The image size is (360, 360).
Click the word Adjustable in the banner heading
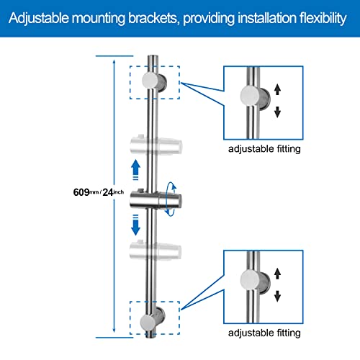pos(39,19)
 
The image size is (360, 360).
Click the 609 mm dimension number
pos(81,192)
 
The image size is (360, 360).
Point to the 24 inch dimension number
pos(108,192)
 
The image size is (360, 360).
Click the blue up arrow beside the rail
pos(136,169)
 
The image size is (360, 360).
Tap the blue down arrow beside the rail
pos(135,225)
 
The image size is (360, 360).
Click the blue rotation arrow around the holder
pos(171,199)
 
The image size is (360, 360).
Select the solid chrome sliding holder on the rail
pos(156,199)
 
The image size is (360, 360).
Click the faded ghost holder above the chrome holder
pos(156,145)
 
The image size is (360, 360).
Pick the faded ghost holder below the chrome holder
pos(155,251)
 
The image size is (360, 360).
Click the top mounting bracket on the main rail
pos(154,81)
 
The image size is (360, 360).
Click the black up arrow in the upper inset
pos(277,89)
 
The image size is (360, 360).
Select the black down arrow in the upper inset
pos(277,112)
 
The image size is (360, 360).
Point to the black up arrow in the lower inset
pos(277,274)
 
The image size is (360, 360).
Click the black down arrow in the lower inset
pos(277,296)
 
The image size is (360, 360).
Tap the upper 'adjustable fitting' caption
pos(264,149)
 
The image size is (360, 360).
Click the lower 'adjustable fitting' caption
pos(264,333)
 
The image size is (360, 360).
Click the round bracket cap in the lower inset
pos(250,280)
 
